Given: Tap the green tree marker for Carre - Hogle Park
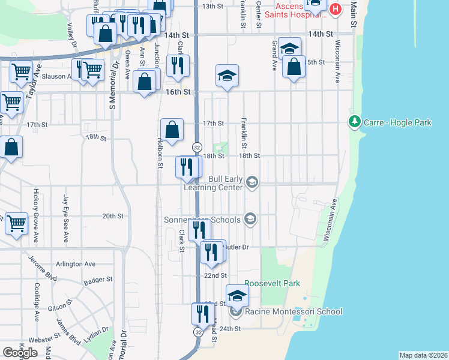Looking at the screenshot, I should click(x=354, y=122).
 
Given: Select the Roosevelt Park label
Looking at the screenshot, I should click(x=271, y=283).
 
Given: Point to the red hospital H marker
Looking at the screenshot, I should click(x=335, y=10).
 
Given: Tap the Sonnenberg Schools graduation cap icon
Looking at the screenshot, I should click(x=250, y=220).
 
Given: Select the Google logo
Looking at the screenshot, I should click(x=20, y=352).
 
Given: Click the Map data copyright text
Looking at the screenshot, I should click(x=423, y=355).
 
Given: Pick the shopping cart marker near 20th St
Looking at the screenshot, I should click(x=17, y=224).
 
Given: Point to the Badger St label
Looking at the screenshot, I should click(x=98, y=280).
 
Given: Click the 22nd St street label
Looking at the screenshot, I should click(x=215, y=275).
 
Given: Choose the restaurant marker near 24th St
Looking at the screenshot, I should click(x=203, y=314).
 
